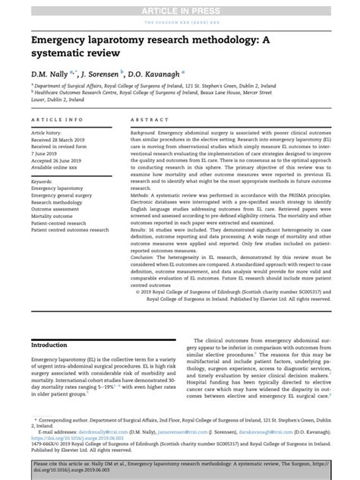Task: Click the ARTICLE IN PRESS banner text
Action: pyautogui.click(x=179, y=8)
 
